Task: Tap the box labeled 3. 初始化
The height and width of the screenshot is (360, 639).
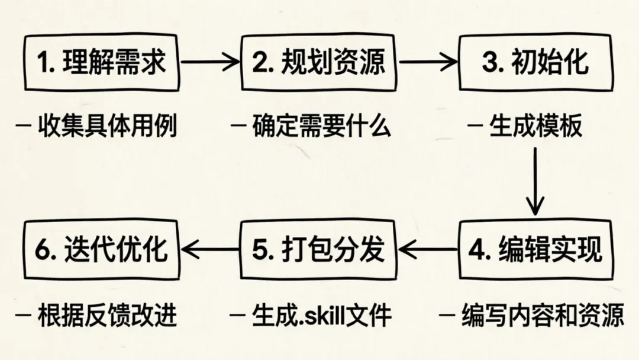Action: (x=535, y=63)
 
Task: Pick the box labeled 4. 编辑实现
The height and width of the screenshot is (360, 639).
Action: (x=535, y=249)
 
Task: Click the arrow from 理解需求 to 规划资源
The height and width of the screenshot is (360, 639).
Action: (x=209, y=62)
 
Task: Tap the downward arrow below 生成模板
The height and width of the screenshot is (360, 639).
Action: (x=535, y=181)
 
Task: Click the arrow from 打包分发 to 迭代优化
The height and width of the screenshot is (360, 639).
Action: (x=210, y=249)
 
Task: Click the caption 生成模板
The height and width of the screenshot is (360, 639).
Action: (x=535, y=126)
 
